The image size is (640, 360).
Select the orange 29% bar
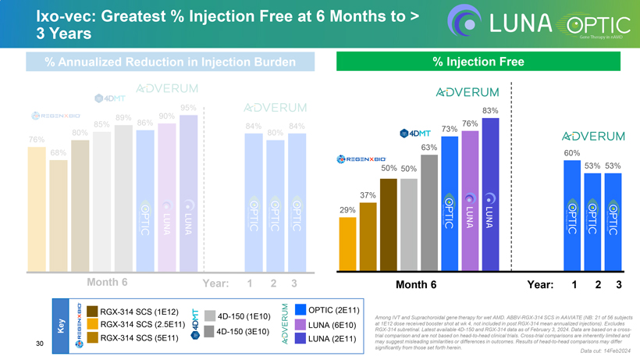[x=348, y=243]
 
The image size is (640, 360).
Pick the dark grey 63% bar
[x=428, y=211]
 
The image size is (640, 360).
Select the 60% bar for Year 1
[x=571, y=215]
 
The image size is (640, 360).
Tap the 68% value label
[x=36, y=152]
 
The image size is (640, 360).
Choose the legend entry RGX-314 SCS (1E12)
[x=133, y=311]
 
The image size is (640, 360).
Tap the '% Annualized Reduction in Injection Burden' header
[x=170, y=62]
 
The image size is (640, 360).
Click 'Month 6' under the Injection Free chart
[x=416, y=284]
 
